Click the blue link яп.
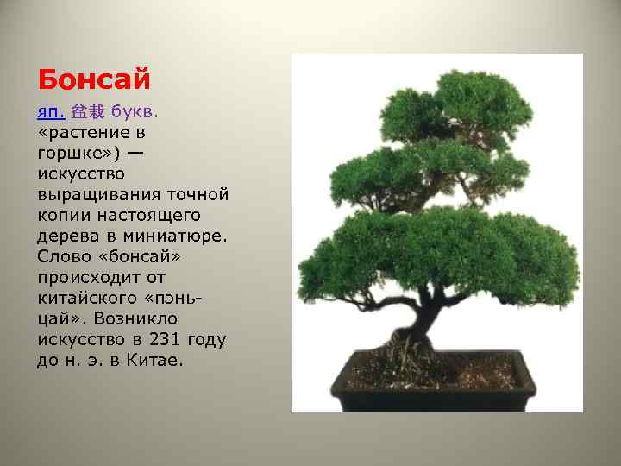click(x=51, y=113)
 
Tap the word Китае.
click(x=156, y=360)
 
